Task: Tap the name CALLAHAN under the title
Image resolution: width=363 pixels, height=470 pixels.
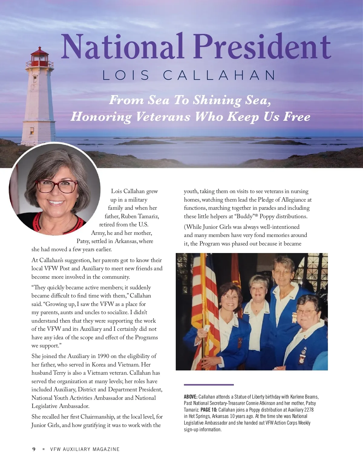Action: point(219,75)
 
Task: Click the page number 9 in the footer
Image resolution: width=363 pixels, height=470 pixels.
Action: point(34,449)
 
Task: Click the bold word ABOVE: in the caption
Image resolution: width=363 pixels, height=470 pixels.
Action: point(191,397)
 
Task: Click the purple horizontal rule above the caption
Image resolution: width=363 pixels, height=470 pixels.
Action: point(209,385)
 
